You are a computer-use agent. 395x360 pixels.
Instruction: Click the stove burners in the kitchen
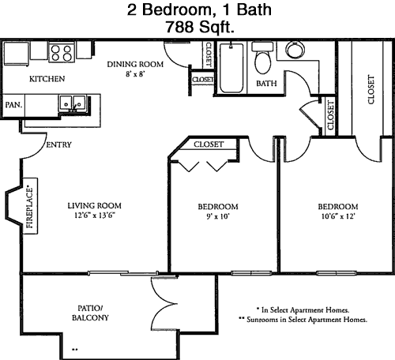tap(62, 53)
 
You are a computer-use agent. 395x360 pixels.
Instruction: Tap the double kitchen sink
tap(73, 104)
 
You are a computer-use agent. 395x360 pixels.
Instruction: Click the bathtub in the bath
tap(231, 68)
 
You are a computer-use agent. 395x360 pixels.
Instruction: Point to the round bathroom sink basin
tap(295, 50)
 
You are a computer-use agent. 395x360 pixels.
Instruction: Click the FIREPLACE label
tap(30, 208)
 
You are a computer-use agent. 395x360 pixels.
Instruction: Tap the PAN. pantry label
tap(13, 105)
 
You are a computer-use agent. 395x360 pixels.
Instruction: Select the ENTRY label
tap(58, 144)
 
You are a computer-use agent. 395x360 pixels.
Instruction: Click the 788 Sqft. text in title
tap(200, 27)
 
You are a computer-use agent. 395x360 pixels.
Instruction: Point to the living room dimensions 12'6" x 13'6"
tap(95, 216)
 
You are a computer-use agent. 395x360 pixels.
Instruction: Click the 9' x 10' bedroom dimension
tap(218, 216)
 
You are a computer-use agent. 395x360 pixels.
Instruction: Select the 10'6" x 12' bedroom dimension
tap(338, 216)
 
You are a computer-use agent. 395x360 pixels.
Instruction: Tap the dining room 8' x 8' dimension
tap(135, 74)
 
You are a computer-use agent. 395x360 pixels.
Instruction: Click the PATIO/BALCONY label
tap(90, 313)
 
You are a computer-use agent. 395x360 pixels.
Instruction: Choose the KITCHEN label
tap(47, 79)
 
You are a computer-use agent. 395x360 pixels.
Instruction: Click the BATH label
tap(266, 84)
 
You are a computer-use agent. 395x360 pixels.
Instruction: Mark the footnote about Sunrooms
tap(303, 320)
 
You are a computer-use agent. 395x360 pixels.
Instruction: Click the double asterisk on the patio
tap(75, 350)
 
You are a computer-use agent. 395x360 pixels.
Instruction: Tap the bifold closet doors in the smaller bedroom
tap(203, 166)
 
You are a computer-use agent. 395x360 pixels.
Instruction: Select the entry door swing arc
tap(37, 149)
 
